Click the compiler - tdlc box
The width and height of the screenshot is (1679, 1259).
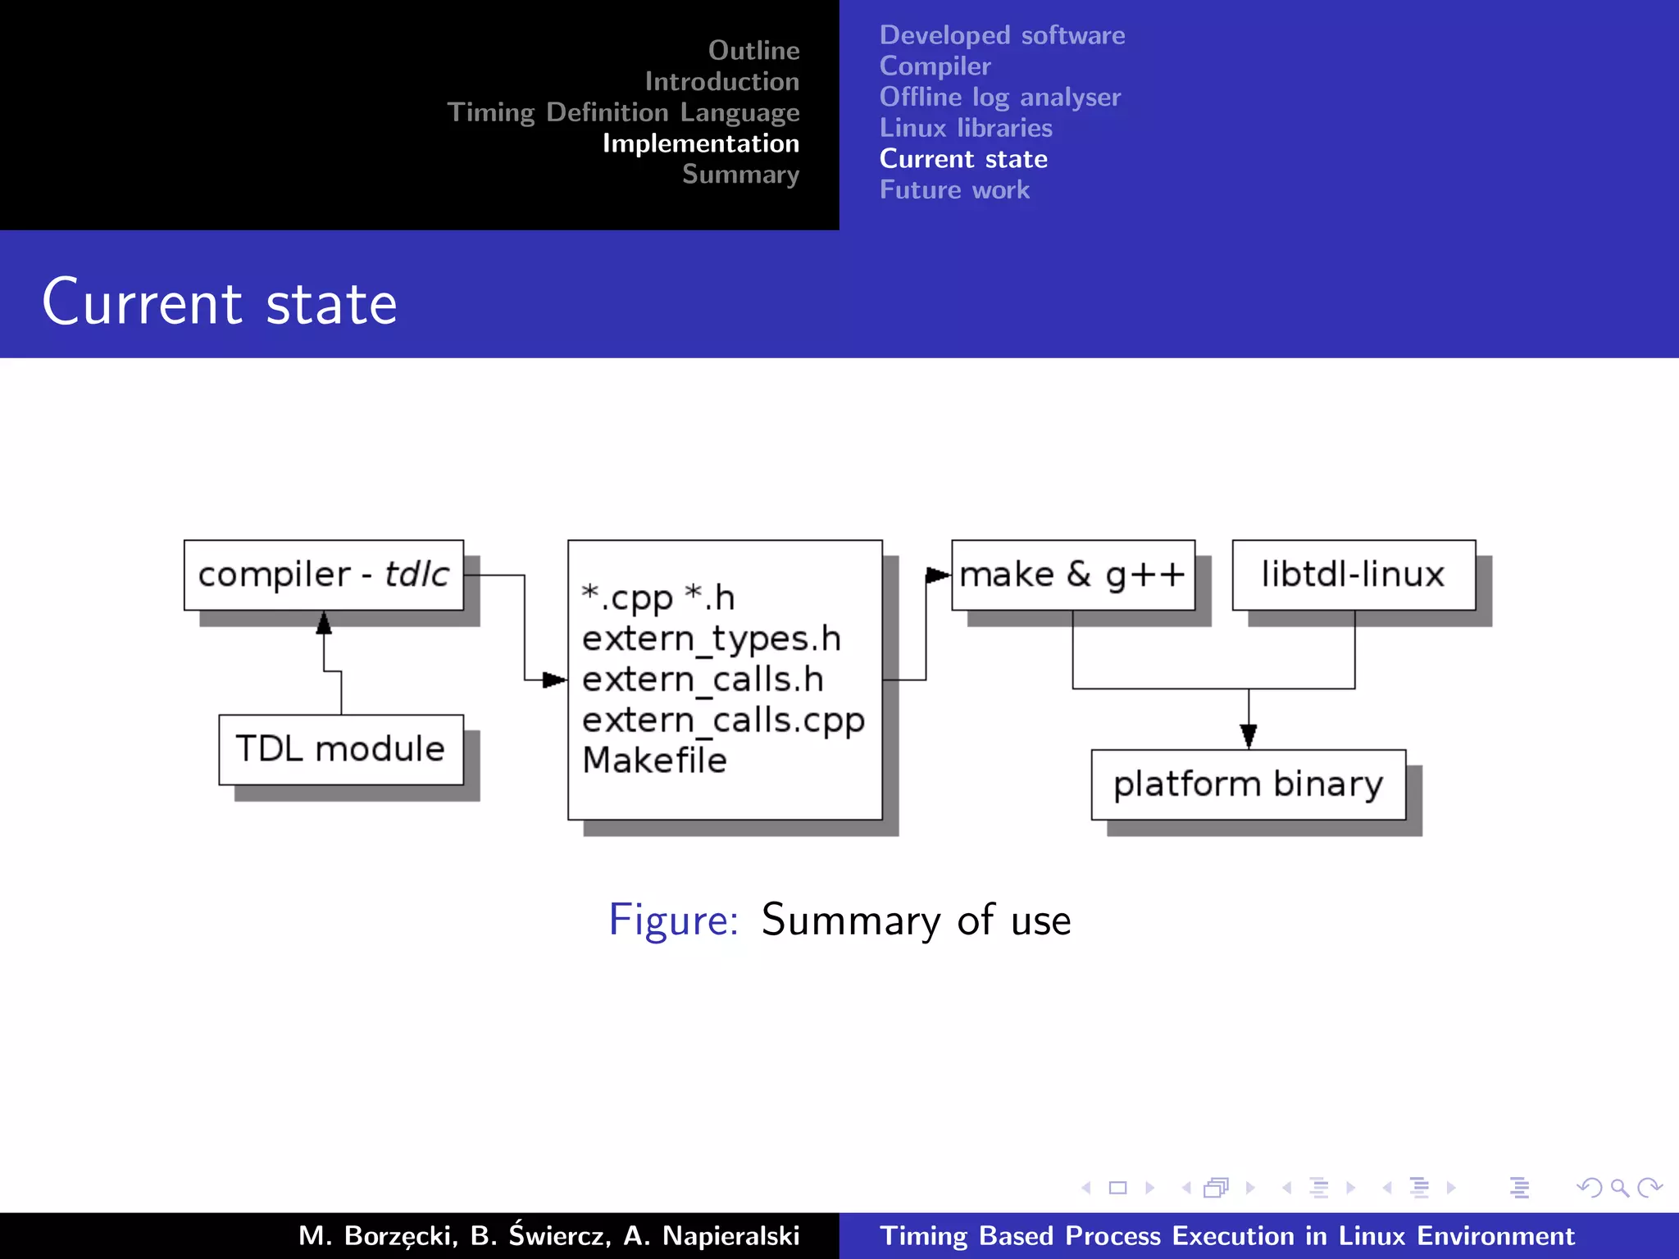[323, 575]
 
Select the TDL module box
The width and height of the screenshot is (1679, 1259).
[340, 749]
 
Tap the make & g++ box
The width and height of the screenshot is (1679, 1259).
[1072, 575]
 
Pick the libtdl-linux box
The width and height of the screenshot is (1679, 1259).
[1353, 575]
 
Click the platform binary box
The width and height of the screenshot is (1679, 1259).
[1248, 784]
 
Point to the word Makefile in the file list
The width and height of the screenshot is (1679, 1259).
[654, 761]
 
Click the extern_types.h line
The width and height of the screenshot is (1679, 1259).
[712, 639]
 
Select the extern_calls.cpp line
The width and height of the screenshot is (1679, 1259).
[723, 720]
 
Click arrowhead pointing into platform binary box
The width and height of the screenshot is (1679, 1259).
[1249, 736]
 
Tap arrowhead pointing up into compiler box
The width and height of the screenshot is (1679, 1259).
[324, 624]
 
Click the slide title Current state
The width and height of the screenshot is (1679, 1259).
[220, 302]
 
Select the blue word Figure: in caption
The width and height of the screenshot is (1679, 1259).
[673, 920]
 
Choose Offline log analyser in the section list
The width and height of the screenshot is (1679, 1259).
[999, 97]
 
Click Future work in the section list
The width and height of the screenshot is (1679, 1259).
[954, 190]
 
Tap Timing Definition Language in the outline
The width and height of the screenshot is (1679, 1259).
[623, 112]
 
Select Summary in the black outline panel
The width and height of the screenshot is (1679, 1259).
[740, 175]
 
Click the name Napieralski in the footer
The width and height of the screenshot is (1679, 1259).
[730, 1235]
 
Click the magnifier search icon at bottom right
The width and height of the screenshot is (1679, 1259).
[1619, 1188]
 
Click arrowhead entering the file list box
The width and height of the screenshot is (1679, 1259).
[554, 679]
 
